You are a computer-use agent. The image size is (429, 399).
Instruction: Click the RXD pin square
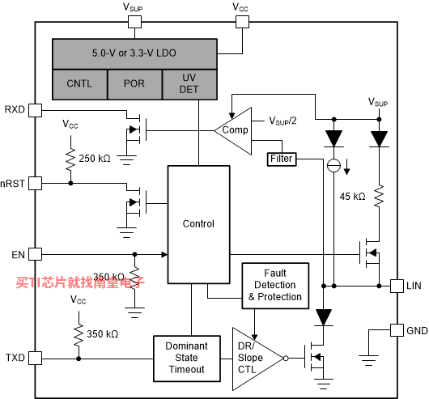coord(36,111)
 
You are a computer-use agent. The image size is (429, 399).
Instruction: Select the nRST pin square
coord(36,183)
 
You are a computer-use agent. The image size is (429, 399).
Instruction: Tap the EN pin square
coord(36,254)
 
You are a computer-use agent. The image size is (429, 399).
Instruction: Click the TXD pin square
coord(36,359)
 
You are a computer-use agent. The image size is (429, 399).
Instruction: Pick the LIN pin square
coord(397,286)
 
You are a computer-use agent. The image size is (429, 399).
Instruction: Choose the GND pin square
coord(397,330)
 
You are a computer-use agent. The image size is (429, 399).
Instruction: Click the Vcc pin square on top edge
coord(242,22)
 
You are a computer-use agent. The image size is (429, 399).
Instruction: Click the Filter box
coord(282,159)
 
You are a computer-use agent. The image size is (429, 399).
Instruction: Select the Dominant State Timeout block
coord(187,359)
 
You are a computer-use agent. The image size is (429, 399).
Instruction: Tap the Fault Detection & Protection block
coord(275,286)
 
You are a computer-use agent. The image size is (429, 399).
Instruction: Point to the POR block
coord(135,84)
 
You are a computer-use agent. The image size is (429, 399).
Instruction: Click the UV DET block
coord(189,84)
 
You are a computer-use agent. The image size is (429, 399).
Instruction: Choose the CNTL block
coord(80,84)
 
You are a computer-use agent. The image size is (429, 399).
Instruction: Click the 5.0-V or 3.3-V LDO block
coord(134,54)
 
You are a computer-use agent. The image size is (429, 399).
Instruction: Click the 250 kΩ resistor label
coord(95,159)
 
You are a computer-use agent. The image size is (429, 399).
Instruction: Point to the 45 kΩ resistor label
coord(352,197)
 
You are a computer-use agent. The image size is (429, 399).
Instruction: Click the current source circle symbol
coord(333,165)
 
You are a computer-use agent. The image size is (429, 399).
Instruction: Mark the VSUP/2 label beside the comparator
coord(283,121)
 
